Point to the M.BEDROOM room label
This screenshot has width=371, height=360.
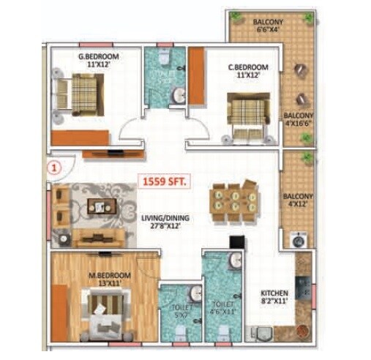click(110, 278)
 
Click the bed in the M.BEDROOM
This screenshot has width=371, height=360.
click(108, 310)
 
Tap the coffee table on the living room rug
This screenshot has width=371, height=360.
click(98, 206)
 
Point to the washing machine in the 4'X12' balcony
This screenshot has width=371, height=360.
click(298, 239)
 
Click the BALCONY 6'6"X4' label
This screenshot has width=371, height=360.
click(268, 26)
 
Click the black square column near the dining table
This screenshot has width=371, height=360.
click(236, 241)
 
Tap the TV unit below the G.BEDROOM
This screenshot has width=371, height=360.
click(113, 154)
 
